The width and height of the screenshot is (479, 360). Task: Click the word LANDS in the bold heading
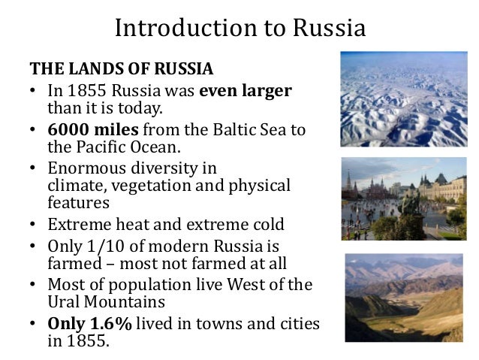pyautogui.click(x=95, y=69)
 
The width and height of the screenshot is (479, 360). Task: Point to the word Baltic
pyautogui.click(x=227, y=129)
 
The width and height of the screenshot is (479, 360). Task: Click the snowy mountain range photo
pyautogui.click(x=402, y=98)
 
